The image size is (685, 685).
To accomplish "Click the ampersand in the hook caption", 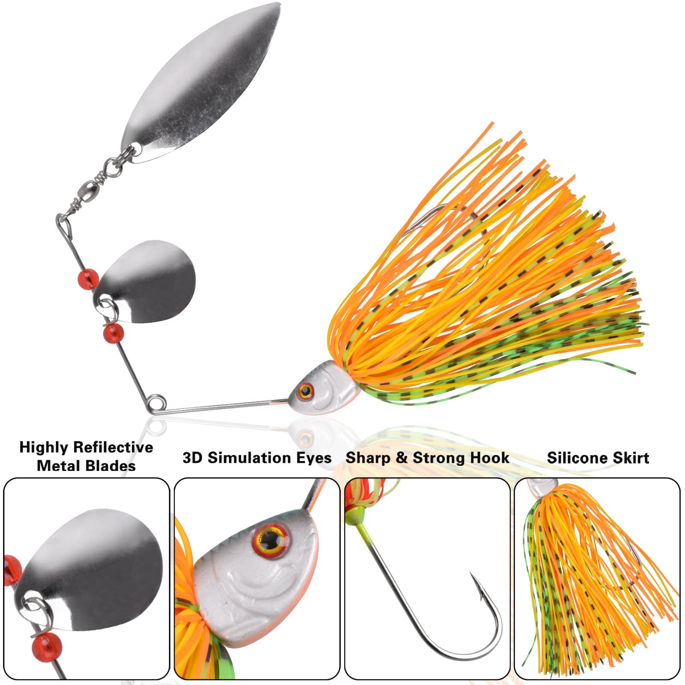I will (401, 458).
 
